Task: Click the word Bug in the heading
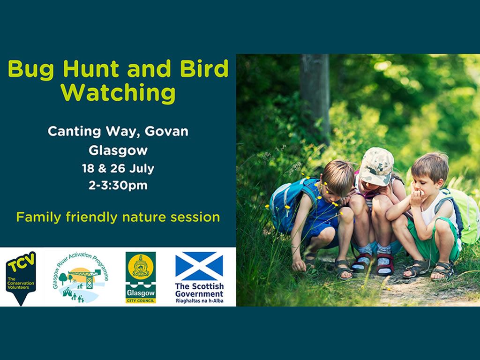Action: coord(31,69)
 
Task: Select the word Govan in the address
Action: coord(166,131)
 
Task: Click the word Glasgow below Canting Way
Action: coord(118,150)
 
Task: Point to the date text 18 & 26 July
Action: coord(118,168)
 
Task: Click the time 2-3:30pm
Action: coord(118,186)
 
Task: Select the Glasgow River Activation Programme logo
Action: coord(80,277)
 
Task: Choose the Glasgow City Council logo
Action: coord(141,277)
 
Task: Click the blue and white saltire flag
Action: coord(199,266)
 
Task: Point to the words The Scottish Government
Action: coord(199,290)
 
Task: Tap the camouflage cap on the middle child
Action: coord(376,166)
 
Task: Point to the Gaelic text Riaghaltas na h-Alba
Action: coord(199,300)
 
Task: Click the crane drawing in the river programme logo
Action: coord(87,277)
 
